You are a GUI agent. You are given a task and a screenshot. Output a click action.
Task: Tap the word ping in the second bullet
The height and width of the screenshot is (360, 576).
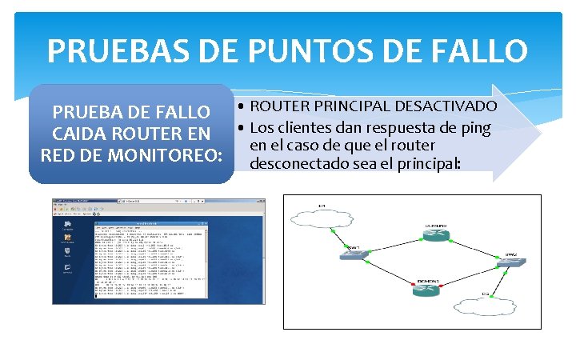coord(474,127)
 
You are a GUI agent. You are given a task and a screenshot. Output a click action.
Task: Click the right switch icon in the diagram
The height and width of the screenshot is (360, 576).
coord(510,263)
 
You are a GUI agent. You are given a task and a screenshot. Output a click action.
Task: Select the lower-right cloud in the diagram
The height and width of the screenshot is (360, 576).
coord(484,305)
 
